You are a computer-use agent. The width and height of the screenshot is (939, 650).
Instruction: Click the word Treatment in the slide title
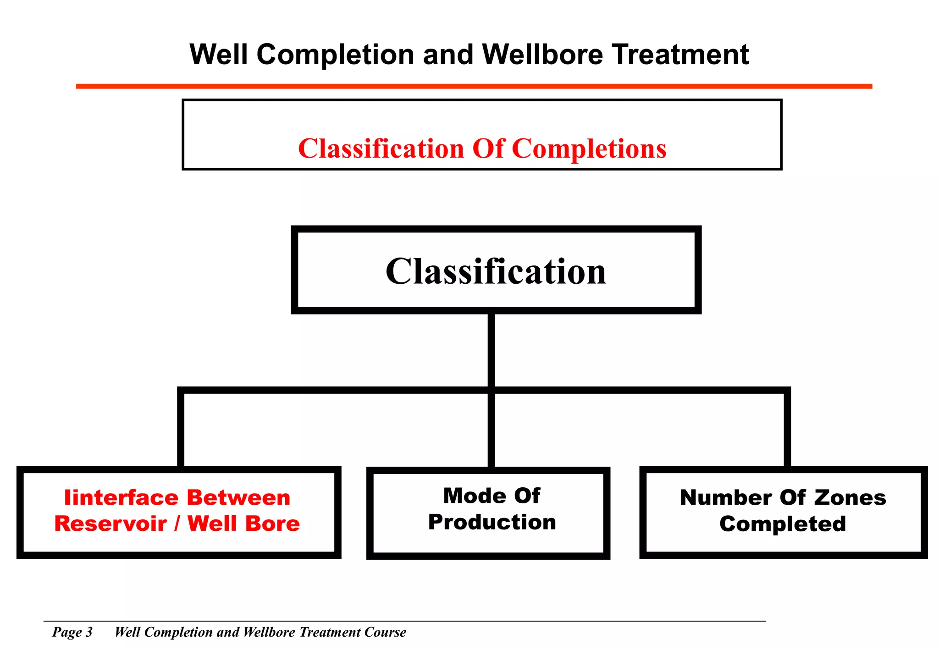point(680,55)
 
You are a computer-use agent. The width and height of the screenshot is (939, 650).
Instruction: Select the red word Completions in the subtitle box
point(589,149)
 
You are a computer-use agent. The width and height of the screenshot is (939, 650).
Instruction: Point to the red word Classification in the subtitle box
point(381,149)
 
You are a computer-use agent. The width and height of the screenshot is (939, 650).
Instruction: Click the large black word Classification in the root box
point(496,271)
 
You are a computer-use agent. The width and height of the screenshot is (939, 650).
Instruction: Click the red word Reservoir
point(110,524)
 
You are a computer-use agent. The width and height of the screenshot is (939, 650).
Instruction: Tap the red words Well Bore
point(243,524)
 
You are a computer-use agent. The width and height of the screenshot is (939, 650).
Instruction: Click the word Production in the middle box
point(492,523)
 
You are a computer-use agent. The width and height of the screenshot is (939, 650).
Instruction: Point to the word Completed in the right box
point(783,524)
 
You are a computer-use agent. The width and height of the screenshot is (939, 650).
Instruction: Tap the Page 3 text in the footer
point(72,632)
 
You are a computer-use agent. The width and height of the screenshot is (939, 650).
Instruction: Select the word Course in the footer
point(385,632)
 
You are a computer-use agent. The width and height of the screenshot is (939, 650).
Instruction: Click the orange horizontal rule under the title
point(474,86)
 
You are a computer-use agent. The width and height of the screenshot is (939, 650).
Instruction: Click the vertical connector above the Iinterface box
point(181,429)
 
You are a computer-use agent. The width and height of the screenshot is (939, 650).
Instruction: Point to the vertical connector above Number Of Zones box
point(787,429)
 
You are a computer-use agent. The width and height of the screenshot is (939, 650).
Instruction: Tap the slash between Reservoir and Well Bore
point(177,524)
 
